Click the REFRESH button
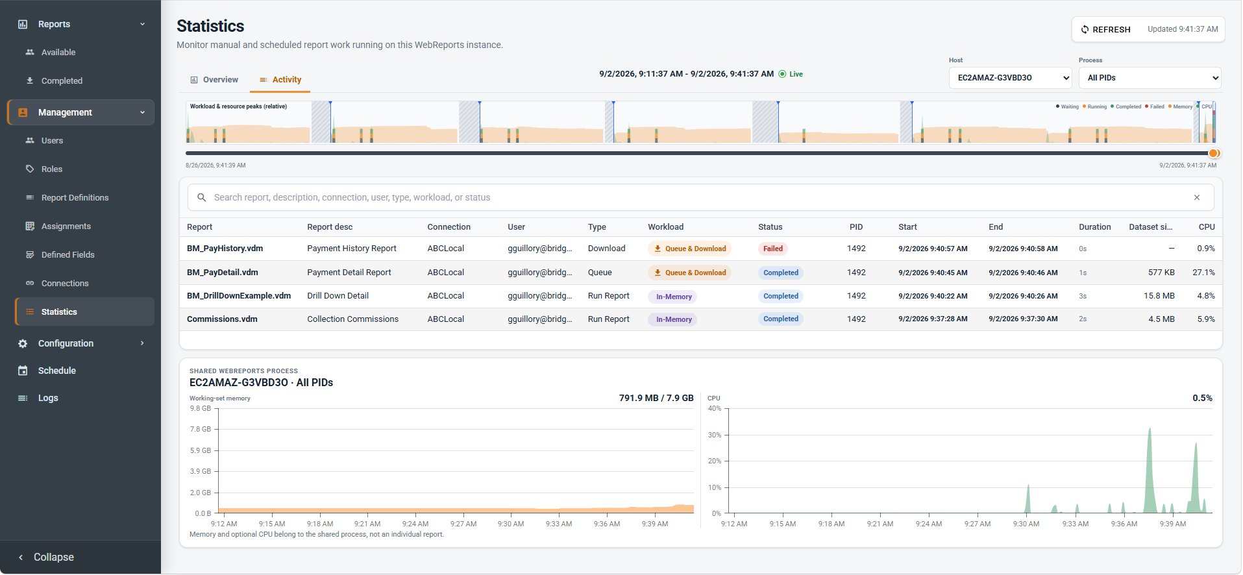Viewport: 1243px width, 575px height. [x=1105, y=29]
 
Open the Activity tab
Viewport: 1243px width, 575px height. [x=280, y=80]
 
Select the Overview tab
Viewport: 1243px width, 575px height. [x=214, y=80]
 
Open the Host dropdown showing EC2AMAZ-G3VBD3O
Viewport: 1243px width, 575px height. [x=1010, y=78]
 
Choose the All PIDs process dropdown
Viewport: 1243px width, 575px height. [x=1150, y=78]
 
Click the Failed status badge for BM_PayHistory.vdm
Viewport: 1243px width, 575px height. [x=772, y=249]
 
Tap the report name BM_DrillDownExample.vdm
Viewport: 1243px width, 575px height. [x=239, y=296]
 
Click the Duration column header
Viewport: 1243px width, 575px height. [x=1094, y=227]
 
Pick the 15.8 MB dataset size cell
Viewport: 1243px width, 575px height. [x=1159, y=296]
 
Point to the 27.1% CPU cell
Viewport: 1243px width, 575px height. [x=1203, y=273]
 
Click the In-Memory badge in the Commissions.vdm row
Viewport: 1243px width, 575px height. [x=672, y=319]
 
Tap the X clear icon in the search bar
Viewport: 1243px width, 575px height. [x=1197, y=197]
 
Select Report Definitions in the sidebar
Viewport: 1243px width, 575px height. [x=75, y=198]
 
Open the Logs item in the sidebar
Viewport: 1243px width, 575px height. [x=48, y=398]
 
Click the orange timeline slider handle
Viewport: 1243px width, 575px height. [x=1214, y=153]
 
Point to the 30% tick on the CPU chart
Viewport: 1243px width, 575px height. [x=714, y=435]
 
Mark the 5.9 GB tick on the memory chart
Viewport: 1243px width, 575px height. [x=200, y=450]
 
